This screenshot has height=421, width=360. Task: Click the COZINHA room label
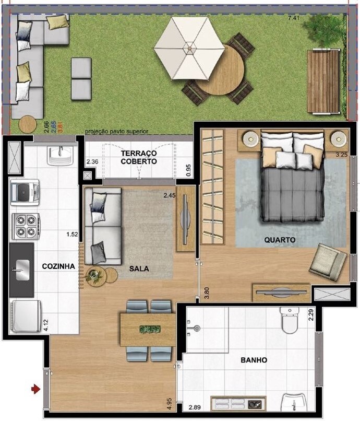click(58, 266)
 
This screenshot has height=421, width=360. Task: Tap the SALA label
click(139, 268)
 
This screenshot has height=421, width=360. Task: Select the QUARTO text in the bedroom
click(280, 240)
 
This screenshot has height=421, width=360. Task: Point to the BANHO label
click(254, 360)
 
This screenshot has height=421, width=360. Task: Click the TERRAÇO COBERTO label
click(138, 157)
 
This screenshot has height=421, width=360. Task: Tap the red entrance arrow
click(35, 389)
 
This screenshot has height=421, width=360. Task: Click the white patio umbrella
click(189, 49)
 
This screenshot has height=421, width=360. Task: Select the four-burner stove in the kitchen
click(26, 226)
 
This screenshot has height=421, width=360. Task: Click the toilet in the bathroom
click(289, 320)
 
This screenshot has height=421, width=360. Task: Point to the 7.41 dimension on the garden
click(293, 18)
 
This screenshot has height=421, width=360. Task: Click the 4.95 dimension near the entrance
click(169, 404)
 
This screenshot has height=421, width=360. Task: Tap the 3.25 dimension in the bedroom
click(342, 155)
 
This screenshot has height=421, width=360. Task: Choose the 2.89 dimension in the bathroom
click(195, 407)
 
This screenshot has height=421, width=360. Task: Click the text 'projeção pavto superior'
click(116, 132)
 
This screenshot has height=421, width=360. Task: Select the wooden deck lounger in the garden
click(323, 81)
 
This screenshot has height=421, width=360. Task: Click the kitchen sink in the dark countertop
click(22, 270)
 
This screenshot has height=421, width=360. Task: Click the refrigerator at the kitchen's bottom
click(26, 317)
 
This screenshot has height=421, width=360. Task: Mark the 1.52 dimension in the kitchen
click(72, 235)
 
